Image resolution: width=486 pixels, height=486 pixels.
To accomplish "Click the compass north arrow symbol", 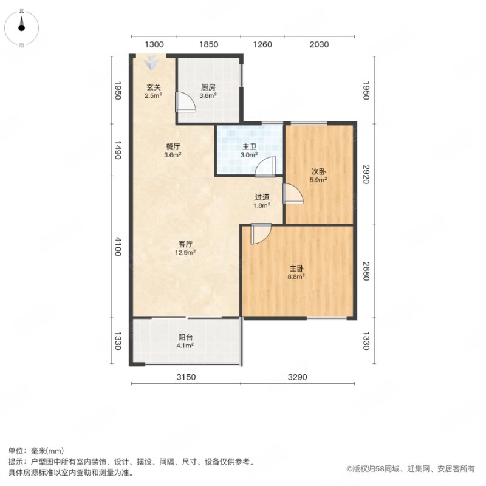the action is coord(21,24).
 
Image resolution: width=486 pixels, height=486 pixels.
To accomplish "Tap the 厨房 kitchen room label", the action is coord(208,87).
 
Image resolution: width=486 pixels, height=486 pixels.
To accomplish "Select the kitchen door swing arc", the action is coord(186,101).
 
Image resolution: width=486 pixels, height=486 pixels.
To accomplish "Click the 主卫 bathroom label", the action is coord(249,147).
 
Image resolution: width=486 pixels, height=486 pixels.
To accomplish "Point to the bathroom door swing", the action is coord(265,166).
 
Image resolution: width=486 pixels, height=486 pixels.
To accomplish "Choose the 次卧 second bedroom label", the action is coord(318,172).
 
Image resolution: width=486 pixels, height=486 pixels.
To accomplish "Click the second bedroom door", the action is coord(293,194).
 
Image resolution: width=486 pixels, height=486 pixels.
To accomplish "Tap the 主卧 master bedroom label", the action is coord(296,269).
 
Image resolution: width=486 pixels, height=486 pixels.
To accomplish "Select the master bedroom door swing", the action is coord(261,234).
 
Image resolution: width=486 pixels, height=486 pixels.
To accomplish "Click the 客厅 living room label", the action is coord(185,244).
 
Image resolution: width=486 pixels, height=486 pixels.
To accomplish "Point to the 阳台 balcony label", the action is coord(185,337).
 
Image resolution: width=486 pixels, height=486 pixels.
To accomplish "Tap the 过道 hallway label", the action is coord(262,197).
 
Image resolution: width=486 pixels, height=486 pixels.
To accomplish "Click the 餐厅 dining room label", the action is coord(173,146).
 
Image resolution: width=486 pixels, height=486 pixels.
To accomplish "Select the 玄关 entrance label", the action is coord(154,87).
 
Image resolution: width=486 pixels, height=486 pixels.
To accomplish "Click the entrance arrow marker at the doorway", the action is coord(151,63).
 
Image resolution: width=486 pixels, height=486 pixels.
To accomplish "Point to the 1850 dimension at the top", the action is coord(208,44).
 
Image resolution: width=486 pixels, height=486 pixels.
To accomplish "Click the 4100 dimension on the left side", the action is coord(118,247).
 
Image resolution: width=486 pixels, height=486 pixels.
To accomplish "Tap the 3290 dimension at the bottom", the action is coord(297,377).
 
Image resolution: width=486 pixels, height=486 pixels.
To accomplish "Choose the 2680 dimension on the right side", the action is coord(366,271).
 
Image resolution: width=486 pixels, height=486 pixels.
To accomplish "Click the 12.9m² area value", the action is coord(185,252).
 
